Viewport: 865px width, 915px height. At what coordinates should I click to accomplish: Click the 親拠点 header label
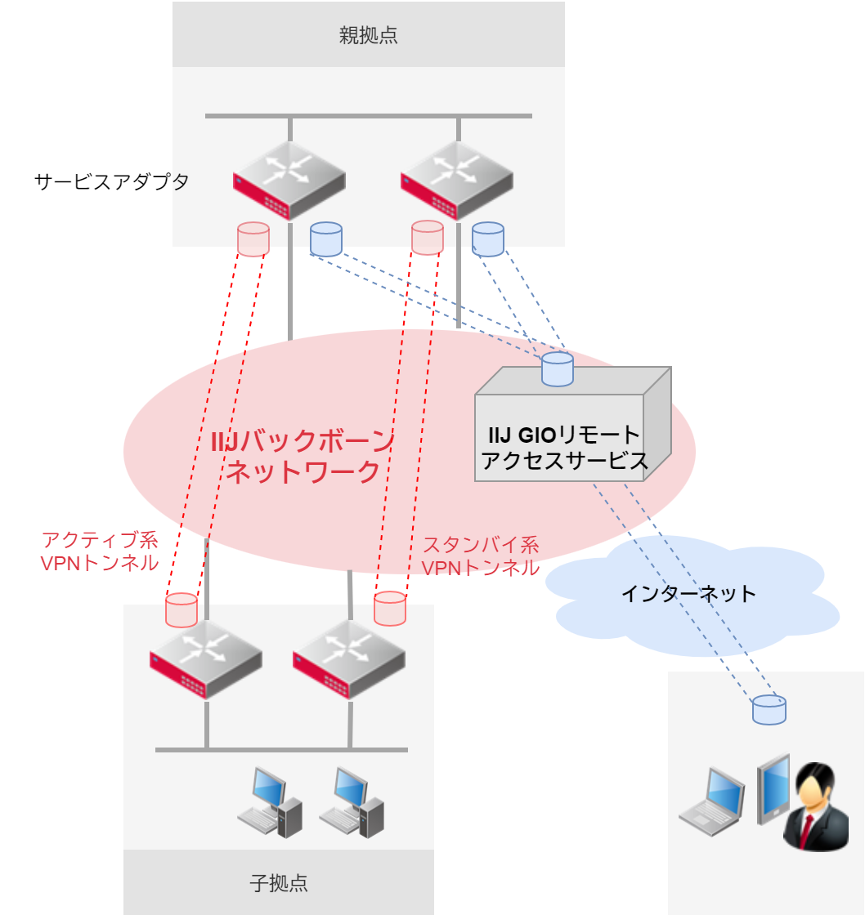coord(368,35)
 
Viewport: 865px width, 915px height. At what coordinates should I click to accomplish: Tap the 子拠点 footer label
coord(278,883)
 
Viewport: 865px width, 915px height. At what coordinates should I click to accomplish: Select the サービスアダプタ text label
coord(111,181)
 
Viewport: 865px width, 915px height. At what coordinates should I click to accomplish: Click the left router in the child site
coord(206,658)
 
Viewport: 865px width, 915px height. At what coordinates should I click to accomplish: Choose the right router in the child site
coord(349,658)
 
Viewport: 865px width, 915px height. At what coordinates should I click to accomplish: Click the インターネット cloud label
coord(688,593)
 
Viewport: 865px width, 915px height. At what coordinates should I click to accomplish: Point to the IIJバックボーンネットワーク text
coord(303,457)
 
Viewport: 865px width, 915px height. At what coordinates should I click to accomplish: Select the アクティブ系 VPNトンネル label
coord(99,551)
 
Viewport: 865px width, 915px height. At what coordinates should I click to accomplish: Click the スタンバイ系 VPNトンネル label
coord(480,556)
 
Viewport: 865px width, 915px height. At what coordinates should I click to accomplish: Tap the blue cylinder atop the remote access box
coord(557,368)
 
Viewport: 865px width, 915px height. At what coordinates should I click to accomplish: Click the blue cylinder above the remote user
coord(769,709)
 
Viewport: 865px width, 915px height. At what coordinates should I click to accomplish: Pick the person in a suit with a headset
coord(815,807)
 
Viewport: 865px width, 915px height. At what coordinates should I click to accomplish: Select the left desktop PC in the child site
coord(270,802)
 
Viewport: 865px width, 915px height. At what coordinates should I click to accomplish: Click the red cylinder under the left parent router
coord(253,239)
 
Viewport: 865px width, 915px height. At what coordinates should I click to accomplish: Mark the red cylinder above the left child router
coord(182,609)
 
